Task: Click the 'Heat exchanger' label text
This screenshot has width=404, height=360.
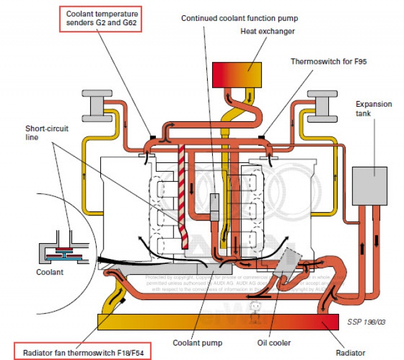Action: pos(268,31)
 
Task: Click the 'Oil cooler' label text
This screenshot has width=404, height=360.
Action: pos(274,343)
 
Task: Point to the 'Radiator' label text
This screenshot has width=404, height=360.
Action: pos(350,352)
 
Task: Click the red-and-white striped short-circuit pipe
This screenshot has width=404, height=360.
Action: pos(182,189)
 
